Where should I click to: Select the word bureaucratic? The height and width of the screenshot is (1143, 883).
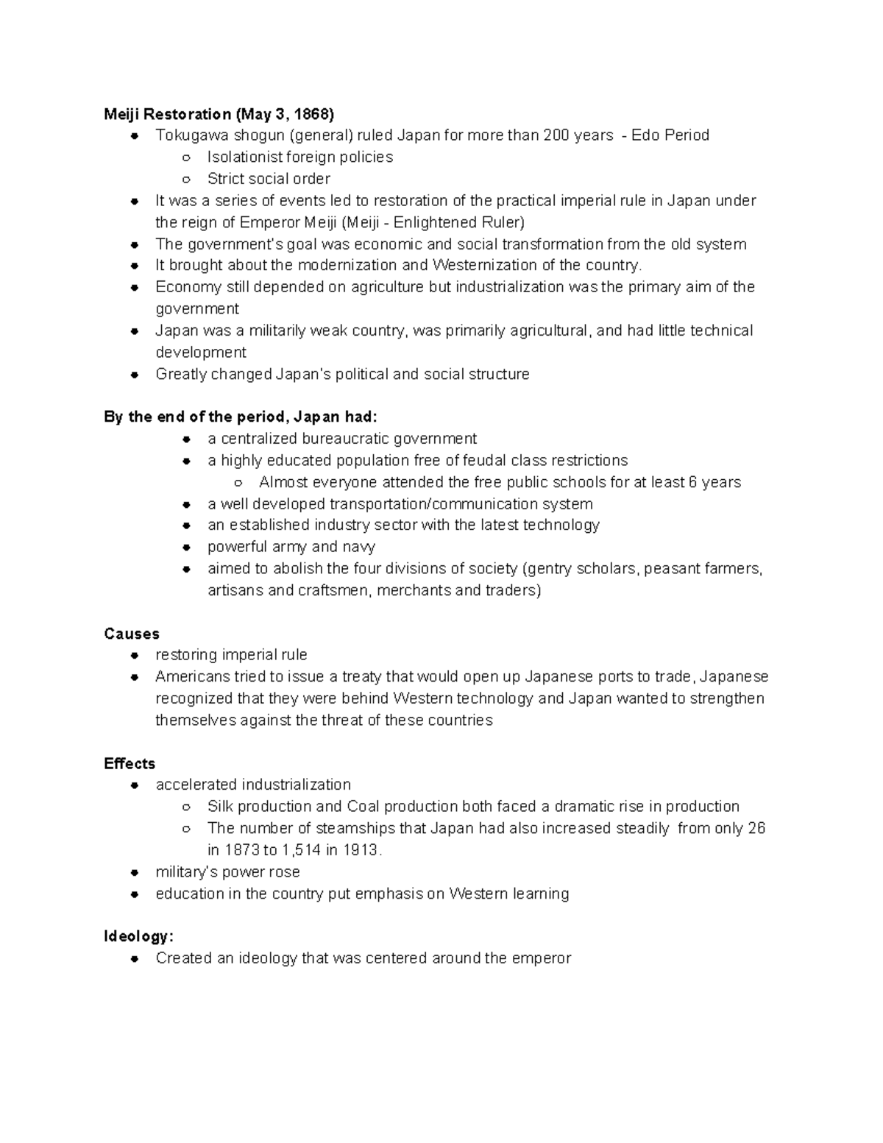(346, 439)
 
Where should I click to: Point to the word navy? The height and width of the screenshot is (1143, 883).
(358, 547)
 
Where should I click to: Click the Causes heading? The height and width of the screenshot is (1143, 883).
(132, 634)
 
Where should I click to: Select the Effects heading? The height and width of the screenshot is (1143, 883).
(130, 763)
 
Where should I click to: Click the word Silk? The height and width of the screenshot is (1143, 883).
(220, 807)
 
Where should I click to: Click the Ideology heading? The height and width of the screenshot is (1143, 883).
(138, 936)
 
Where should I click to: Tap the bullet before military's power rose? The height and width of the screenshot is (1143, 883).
(135, 872)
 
